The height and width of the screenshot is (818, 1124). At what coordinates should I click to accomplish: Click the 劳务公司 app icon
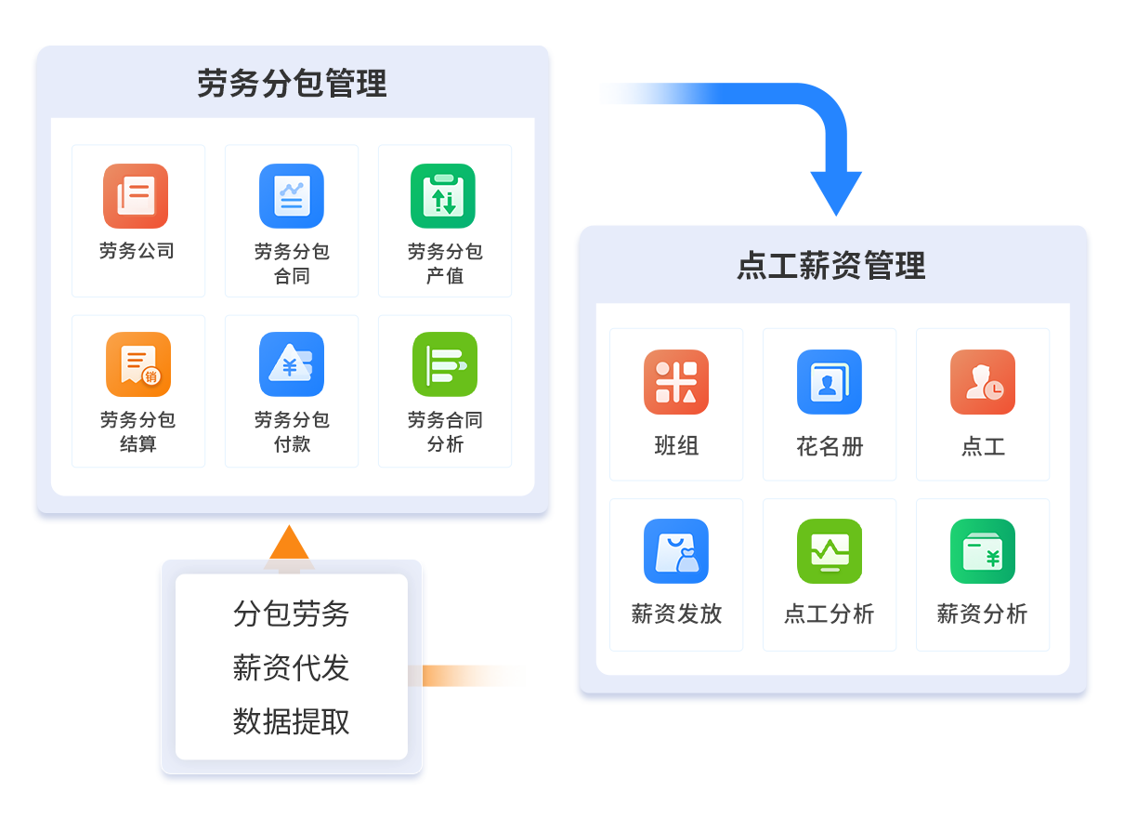tap(136, 196)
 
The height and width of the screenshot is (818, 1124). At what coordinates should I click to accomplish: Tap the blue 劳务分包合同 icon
tap(292, 196)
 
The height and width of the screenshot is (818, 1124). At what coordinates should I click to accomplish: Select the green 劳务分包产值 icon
tap(443, 196)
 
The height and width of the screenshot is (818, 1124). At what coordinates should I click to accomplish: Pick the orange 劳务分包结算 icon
tap(138, 364)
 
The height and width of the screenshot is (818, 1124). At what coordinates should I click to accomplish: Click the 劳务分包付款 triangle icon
tap(292, 364)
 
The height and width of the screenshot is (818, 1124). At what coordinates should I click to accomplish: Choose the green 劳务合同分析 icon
tap(445, 364)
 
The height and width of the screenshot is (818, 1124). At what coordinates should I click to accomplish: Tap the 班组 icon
tap(676, 382)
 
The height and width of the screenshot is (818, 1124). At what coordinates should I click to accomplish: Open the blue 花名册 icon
tap(830, 382)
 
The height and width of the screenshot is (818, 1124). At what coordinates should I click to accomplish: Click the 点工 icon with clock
tap(983, 382)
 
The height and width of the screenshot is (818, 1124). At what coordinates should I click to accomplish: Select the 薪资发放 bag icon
tap(676, 551)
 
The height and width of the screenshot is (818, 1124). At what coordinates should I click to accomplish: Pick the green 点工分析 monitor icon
tap(830, 551)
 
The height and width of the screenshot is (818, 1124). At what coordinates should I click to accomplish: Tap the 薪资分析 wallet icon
tap(983, 551)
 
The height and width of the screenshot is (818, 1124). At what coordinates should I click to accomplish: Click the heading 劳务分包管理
tap(292, 84)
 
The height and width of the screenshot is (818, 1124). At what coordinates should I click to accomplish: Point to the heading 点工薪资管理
tap(831, 266)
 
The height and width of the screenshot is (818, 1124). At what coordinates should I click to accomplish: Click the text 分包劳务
tap(292, 613)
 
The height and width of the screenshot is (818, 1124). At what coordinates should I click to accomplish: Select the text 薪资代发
tap(292, 667)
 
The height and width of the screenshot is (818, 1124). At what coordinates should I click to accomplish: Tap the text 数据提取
tap(292, 721)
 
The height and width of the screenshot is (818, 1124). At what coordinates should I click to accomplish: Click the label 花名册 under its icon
tap(830, 446)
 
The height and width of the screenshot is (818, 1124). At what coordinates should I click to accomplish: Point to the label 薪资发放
tap(676, 613)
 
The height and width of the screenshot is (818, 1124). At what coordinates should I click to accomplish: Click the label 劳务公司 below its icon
tap(137, 251)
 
